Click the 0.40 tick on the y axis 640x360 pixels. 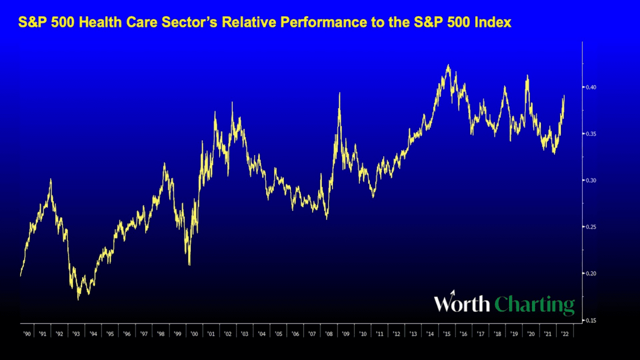(x=591, y=87)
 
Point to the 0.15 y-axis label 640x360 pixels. (x=591, y=320)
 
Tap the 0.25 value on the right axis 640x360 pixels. (x=591, y=227)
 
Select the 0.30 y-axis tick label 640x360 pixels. (x=591, y=180)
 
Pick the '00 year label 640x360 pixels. (x=194, y=333)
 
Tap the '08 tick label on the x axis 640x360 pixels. (x=329, y=333)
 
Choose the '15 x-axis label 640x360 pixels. (x=447, y=333)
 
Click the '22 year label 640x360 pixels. (x=565, y=333)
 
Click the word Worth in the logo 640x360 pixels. (x=461, y=303)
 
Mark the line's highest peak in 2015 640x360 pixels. (x=448, y=65)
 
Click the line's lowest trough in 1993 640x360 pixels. (x=78, y=299)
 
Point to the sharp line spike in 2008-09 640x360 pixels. (x=339, y=93)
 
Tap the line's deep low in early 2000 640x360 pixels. (x=189, y=264)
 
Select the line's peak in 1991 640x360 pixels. (x=50, y=179)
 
